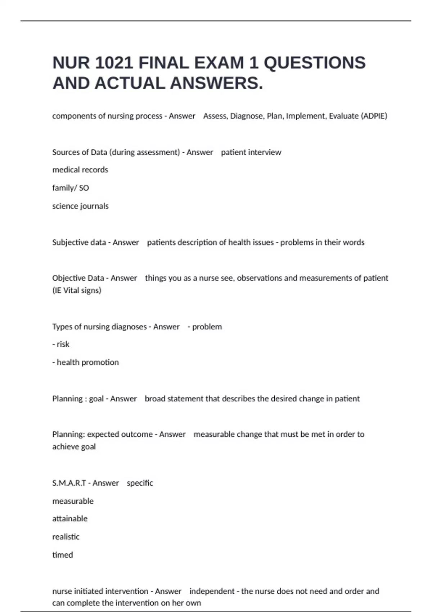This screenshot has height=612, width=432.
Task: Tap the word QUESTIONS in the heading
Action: (x=315, y=63)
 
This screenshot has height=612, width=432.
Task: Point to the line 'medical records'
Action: (x=80, y=170)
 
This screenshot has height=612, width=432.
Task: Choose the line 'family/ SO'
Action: (x=71, y=188)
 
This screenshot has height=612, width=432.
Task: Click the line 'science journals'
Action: (x=80, y=206)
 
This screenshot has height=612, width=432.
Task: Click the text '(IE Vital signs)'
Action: (x=77, y=290)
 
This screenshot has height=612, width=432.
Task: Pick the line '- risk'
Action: (x=61, y=344)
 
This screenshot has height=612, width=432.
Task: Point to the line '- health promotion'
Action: (x=85, y=362)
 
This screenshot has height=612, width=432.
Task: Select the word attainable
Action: (x=70, y=518)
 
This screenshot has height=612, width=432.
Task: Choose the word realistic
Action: (x=66, y=537)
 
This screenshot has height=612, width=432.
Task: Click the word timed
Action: (x=63, y=555)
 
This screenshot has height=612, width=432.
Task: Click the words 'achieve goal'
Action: (x=74, y=447)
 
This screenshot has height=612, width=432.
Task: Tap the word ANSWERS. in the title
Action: (x=216, y=84)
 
